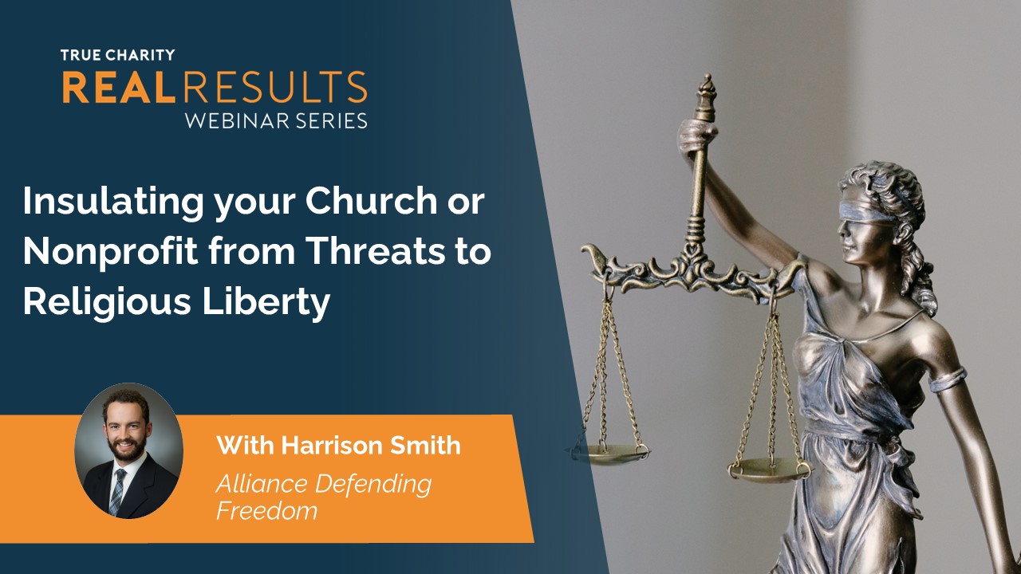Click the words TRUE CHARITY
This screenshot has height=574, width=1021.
[x=117, y=55]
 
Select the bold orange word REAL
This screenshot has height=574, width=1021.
[x=119, y=87]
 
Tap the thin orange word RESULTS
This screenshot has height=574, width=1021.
[x=275, y=87]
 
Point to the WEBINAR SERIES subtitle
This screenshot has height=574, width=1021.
[x=276, y=120]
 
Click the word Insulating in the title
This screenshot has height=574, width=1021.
[x=113, y=202]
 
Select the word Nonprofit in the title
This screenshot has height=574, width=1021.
[x=110, y=251]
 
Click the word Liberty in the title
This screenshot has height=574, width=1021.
[x=266, y=302]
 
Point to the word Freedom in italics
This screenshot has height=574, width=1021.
[x=266, y=510]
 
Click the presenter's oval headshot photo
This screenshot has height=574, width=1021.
[x=128, y=451]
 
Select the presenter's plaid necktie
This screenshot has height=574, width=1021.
[x=117, y=491]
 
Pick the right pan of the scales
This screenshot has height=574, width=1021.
[x=770, y=470]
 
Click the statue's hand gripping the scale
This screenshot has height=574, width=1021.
[x=696, y=136]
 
